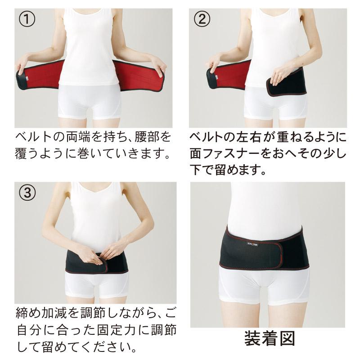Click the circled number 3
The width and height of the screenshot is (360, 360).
click(x=25, y=192)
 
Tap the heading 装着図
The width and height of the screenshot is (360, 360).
click(x=270, y=338)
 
